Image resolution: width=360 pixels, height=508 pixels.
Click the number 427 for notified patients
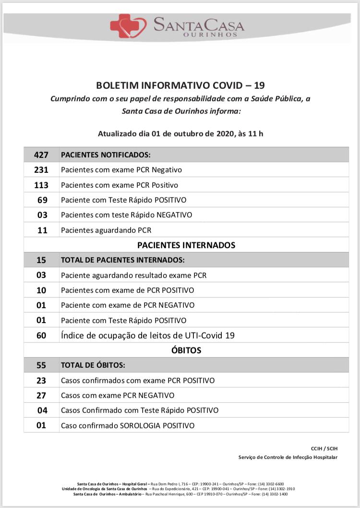coord(41,155)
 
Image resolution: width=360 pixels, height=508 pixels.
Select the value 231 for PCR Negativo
coord(41,169)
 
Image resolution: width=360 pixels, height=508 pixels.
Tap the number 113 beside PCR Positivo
coord(41,185)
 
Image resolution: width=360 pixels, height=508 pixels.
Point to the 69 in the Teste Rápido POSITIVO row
coord(42,200)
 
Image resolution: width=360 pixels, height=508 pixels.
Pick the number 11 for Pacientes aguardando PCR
coord(42,230)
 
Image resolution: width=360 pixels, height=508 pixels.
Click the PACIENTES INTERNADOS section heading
coord(186,245)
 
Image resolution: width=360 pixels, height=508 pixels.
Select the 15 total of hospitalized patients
coord(41,260)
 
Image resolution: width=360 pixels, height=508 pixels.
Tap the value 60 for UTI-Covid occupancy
coord(41,335)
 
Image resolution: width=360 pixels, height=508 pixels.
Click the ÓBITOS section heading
coord(186,350)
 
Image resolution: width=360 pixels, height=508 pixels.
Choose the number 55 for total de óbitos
coord(41,365)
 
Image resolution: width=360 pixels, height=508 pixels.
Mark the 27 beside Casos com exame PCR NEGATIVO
coord(41,395)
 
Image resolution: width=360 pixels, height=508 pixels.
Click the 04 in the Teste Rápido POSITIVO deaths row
coord(42,410)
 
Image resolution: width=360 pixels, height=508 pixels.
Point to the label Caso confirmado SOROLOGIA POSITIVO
coord(128,425)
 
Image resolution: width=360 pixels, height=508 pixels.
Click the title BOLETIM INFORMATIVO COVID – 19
coord(180,85)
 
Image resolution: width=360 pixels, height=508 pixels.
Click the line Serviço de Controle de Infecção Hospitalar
coord(288,457)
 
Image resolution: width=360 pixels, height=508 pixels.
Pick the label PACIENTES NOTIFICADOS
coord(106,155)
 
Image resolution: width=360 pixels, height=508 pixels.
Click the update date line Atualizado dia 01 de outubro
coord(180,133)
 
